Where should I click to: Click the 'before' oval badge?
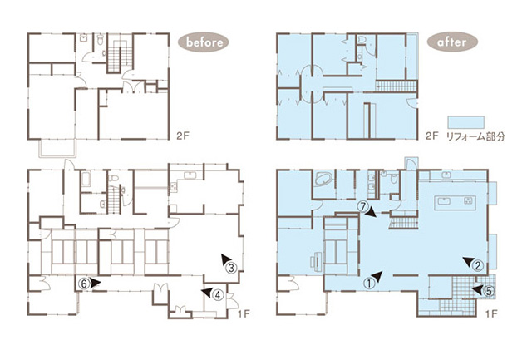tap(204, 42)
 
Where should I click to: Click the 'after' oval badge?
tap(452, 42)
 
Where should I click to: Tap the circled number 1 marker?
tap(369, 283)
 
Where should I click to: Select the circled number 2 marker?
tap(478, 266)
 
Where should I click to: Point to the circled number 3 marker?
tap(231, 268)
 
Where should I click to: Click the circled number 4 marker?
tap(218, 295)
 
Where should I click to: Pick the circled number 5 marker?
tap(489, 291)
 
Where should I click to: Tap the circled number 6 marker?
tap(84, 283)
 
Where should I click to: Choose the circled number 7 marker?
tap(363, 206)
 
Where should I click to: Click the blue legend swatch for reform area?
tap(466, 122)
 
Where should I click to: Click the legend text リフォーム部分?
tap(475, 136)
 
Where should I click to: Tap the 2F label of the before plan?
tap(183, 136)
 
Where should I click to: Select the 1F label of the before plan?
tap(244, 313)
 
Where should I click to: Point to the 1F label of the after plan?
tap(491, 313)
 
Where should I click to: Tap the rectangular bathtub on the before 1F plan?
tap(86, 179)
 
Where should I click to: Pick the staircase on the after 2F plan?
tap(396, 86)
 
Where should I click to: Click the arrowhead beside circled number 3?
tap(224, 259)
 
